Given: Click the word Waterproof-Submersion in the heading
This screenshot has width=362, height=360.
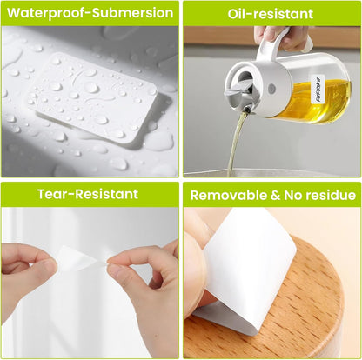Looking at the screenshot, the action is (x=90, y=13).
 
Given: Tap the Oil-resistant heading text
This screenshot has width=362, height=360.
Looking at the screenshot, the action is (x=271, y=14).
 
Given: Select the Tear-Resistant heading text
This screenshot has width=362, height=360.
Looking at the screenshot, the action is (x=88, y=194).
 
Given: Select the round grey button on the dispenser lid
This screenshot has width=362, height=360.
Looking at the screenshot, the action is (x=272, y=88).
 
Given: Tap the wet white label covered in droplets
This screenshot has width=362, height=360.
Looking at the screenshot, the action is (x=92, y=97).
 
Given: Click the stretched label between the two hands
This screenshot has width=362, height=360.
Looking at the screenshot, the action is (x=82, y=258).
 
